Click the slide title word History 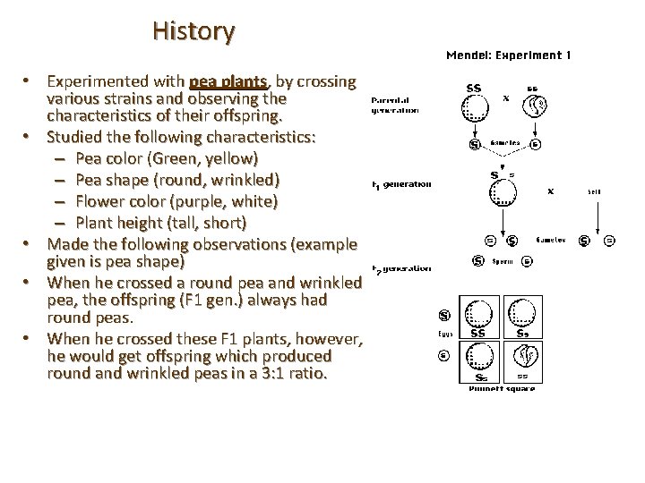pyautogui.click(x=193, y=31)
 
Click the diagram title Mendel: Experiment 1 pyautogui.click(x=508, y=55)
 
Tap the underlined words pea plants pyautogui.click(x=228, y=81)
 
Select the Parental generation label pyautogui.click(x=395, y=106)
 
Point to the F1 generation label pyautogui.click(x=402, y=184)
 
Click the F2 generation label pyautogui.click(x=402, y=267)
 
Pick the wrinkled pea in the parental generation pyautogui.click(x=537, y=108)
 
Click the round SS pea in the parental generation pyautogui.click(x=475, y=108)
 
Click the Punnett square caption pyautogui.click(x=503, y=388)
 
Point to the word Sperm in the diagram pyautogui.click(x=502, y=262)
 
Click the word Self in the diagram pyautogui.click(x=594, y=191)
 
